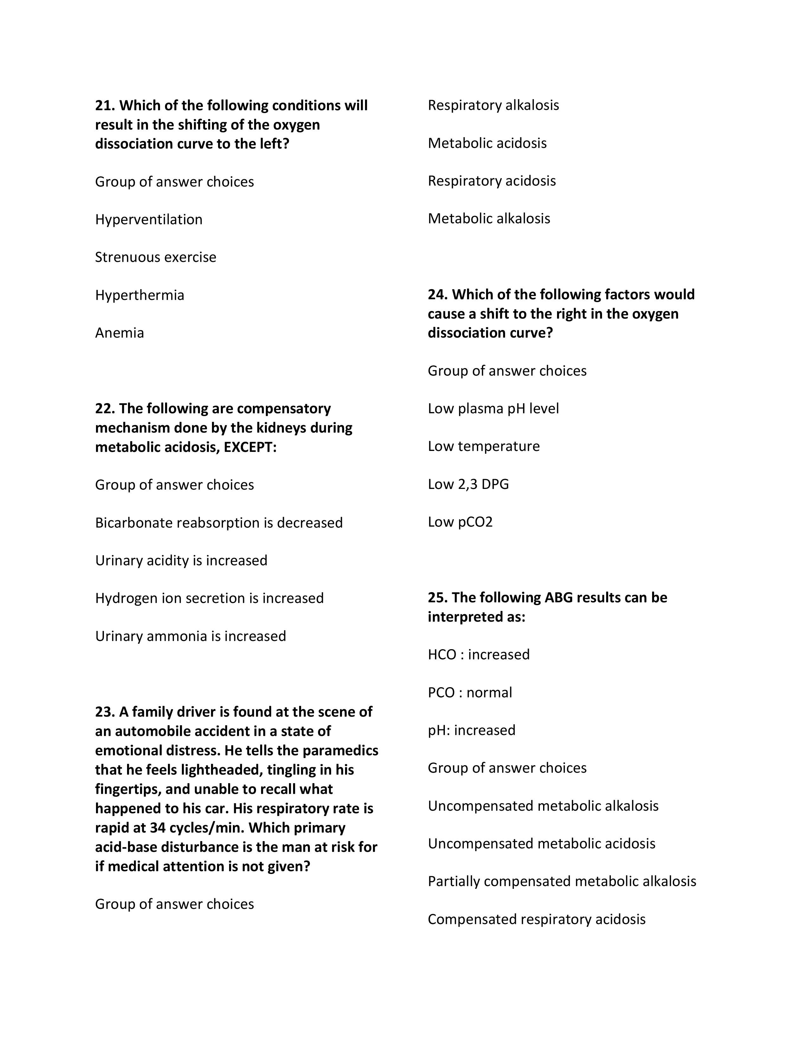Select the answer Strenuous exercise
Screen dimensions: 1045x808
(156, 257)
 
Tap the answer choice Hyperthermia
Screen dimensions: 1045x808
(139, 295)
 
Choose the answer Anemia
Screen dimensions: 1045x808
(119, 333)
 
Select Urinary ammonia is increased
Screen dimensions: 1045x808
(190, 636)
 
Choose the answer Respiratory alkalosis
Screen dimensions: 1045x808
(493, 105)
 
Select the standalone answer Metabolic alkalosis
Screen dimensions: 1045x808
(489, 219)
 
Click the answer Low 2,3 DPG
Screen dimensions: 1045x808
(468, 484)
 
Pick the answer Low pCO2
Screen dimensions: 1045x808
(460, 522)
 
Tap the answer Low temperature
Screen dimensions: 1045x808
(484, 446)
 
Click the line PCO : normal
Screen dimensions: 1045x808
(470, 693)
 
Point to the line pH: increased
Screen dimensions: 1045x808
(471, 731)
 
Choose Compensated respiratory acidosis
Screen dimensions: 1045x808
(536, 920)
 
